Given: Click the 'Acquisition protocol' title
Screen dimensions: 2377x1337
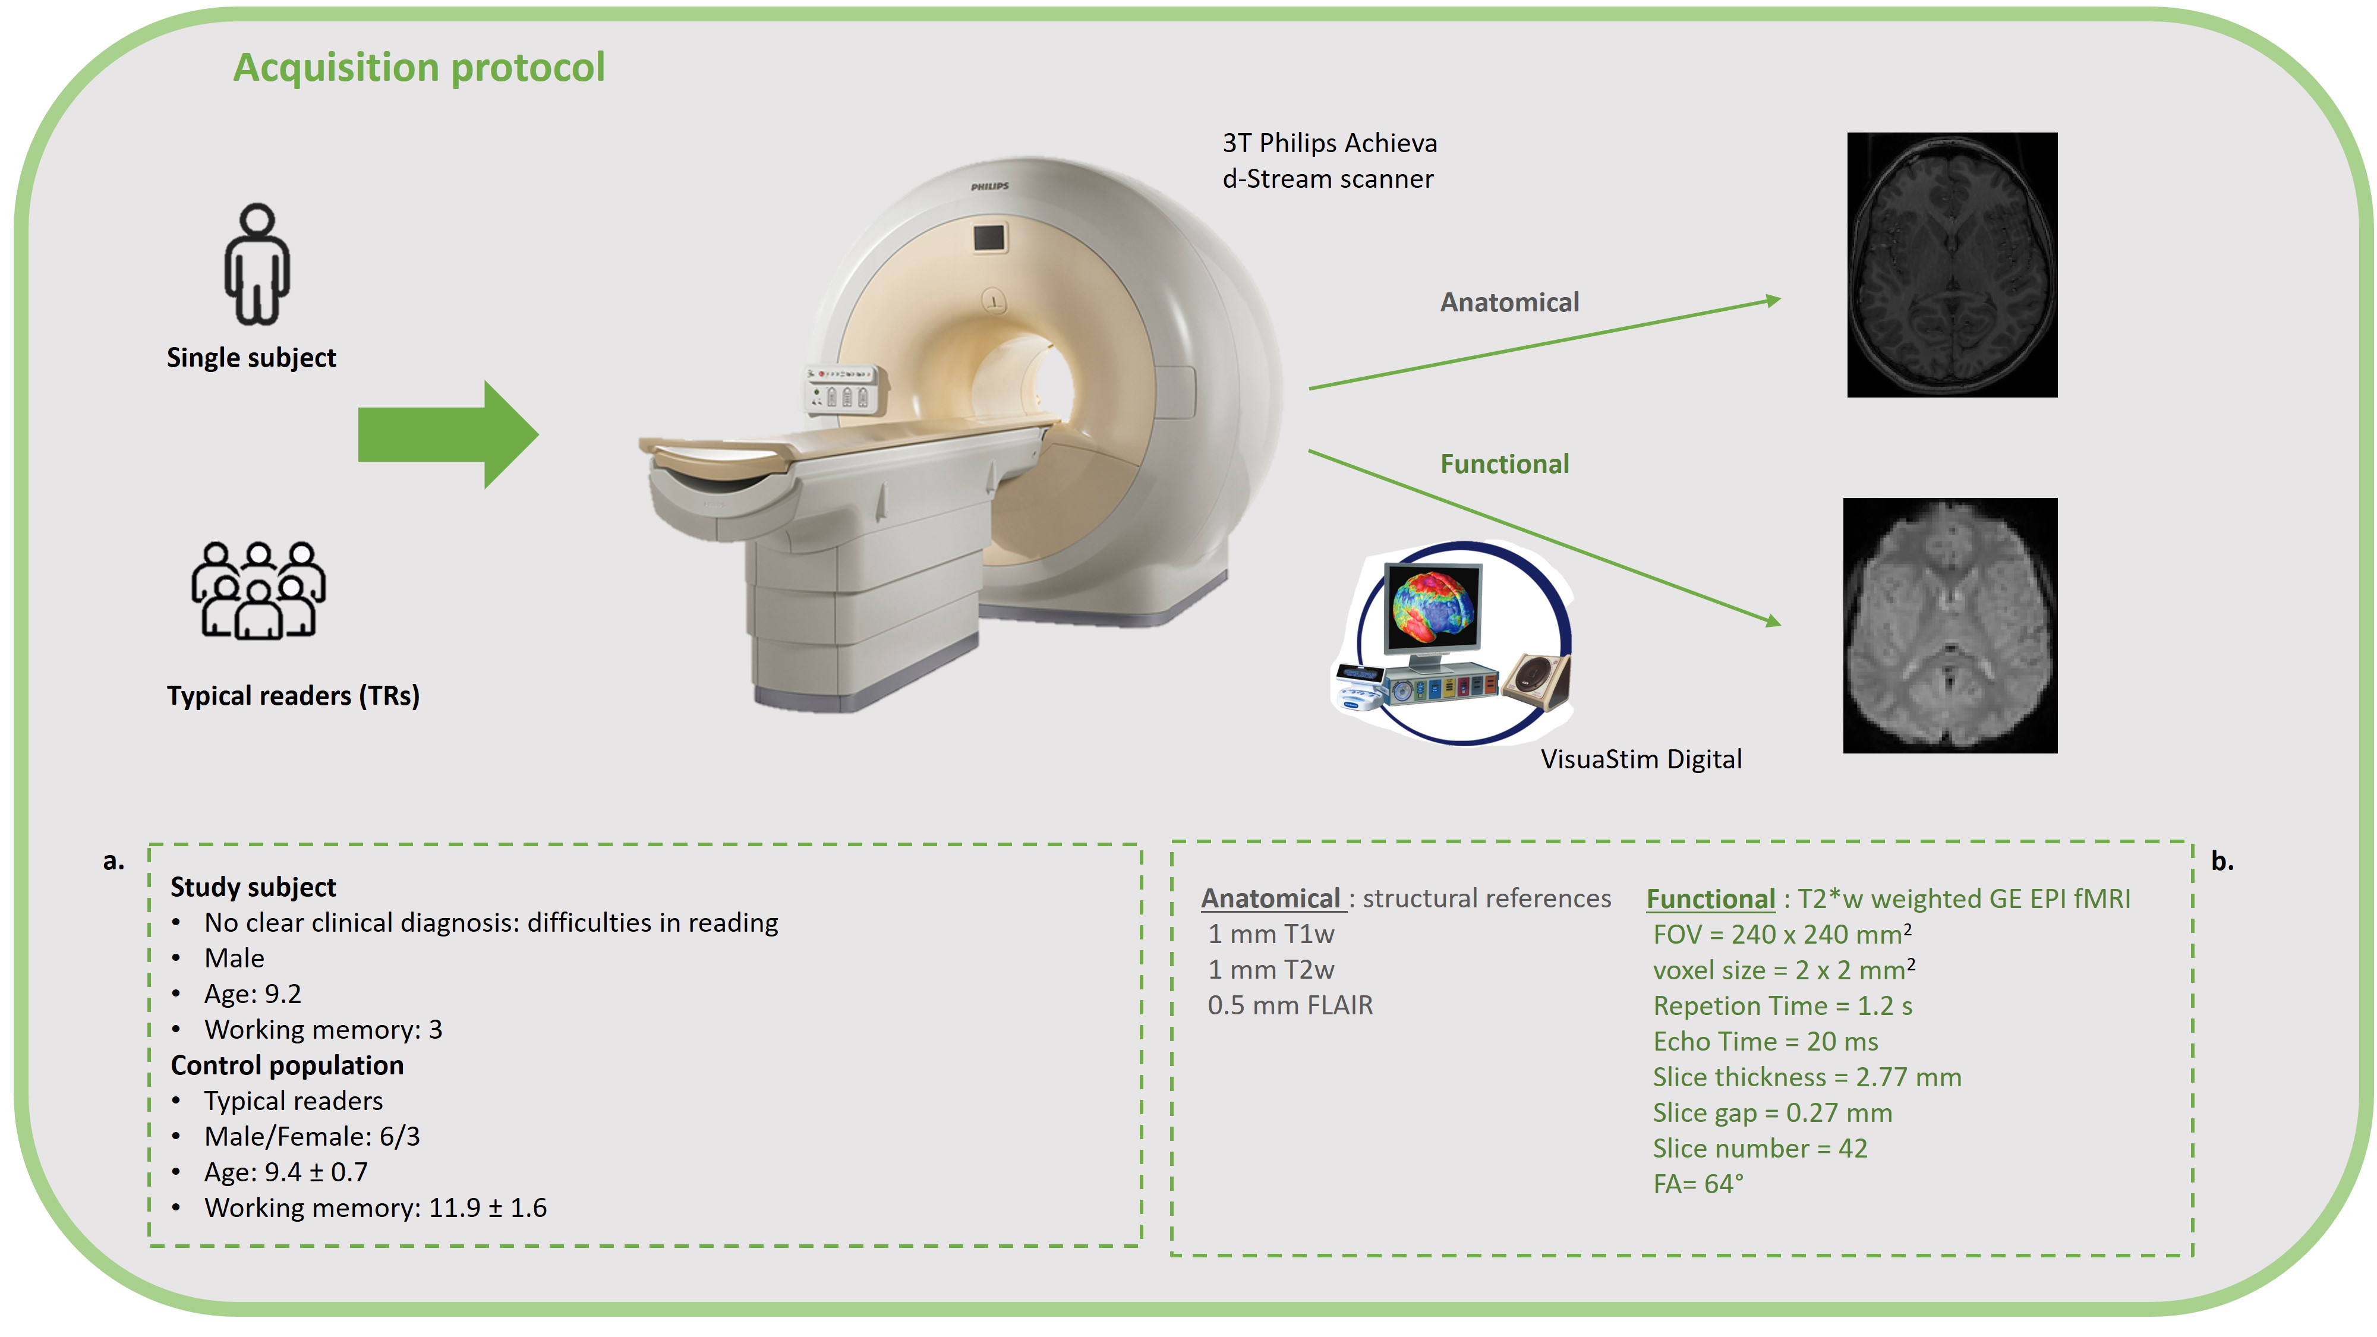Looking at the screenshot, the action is [419, 67].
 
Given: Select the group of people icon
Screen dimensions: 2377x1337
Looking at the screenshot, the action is [258, 591].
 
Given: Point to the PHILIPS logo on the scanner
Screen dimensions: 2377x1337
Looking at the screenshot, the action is [990, 187].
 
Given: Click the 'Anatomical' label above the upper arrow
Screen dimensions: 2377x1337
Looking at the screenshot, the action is [1509, 302].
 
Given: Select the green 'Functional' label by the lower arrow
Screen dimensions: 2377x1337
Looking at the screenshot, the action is [1505, 464].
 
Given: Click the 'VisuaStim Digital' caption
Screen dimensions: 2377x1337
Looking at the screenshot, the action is [1641, 759].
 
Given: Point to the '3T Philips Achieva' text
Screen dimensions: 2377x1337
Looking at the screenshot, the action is [1330, 143].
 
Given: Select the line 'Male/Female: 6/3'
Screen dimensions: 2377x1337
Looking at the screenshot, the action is [312, 1137].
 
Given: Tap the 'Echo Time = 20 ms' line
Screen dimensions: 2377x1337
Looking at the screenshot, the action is [1765, 1042].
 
